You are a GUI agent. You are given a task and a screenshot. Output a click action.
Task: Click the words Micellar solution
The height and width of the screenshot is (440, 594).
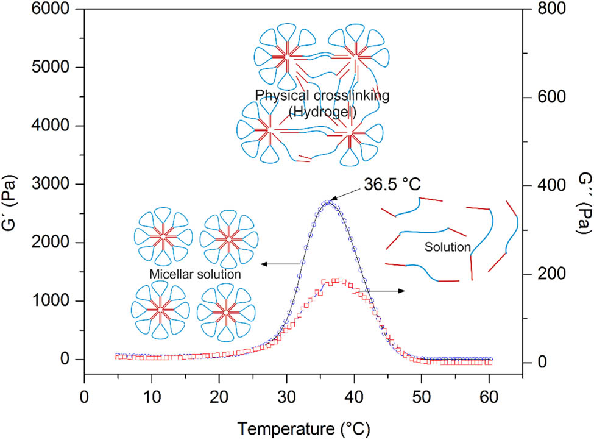click(195, 274)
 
